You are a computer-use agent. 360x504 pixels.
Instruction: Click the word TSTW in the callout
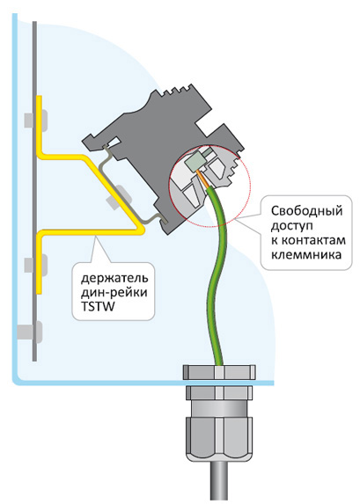point(98,307)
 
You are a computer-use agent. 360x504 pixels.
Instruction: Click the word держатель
point(114,278)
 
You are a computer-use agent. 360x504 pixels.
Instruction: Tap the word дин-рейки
point(114,293)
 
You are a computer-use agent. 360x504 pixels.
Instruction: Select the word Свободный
point(306,211)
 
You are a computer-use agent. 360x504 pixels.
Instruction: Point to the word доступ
point(291,226)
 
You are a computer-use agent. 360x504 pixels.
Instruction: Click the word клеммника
point(306,255)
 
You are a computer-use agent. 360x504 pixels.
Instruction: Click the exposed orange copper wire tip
point(202,179)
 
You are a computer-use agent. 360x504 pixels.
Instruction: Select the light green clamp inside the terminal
point(194,163)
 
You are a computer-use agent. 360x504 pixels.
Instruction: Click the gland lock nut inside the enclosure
point(219,372)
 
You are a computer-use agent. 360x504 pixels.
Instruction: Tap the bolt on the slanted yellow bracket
point(117,196)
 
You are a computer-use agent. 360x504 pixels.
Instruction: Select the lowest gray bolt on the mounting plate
point(30,332)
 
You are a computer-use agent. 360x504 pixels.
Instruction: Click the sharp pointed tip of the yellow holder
point(143,230)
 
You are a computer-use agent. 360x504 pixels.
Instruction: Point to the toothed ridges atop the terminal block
point(176,91)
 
